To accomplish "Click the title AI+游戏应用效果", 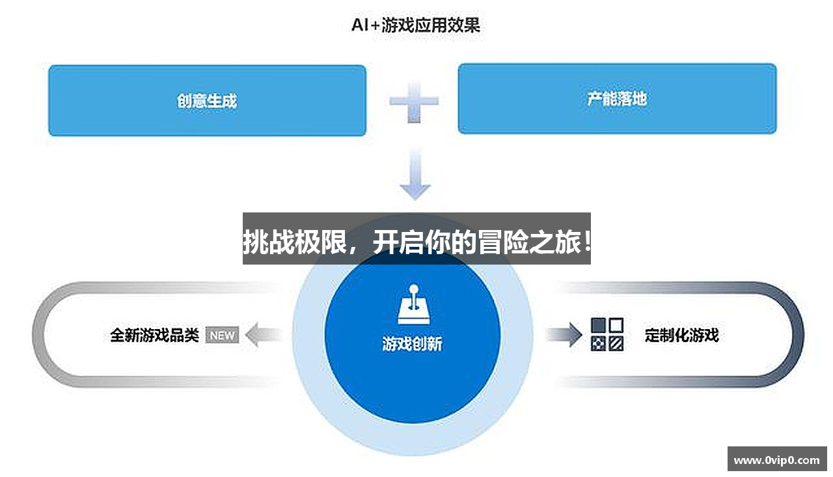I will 416,25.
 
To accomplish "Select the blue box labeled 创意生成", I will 207,100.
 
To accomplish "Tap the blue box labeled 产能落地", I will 617,99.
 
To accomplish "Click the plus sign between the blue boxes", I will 414,101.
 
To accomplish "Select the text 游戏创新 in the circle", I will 412,343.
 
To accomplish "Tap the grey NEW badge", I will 222,336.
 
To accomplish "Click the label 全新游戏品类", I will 154,335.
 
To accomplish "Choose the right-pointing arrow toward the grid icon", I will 564,334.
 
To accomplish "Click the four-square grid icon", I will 607,334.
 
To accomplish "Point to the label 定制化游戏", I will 681,335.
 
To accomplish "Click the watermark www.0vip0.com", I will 776,460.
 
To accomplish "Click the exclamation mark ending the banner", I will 586,244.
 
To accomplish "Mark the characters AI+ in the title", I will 365,25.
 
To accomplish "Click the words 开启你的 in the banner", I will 424,244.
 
